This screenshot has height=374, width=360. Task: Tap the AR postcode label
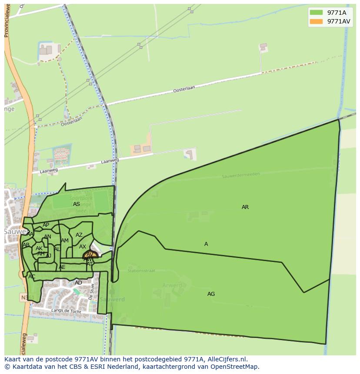click(x=245, y=207)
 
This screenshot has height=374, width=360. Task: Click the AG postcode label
click(x=211, y=294)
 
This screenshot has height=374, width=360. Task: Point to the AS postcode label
click(x=77, y=204)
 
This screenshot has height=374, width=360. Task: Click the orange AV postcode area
click(x=90, y=255)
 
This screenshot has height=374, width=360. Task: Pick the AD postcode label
click(x=78, y=283)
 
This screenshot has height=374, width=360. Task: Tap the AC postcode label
click(x=32, y=277)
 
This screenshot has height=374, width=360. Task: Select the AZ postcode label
click(x=79, y=235)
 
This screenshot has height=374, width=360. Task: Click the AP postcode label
click(x=46, y=225)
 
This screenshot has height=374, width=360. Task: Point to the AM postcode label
click(x=65, y=241)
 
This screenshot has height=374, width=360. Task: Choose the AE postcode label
click(x=62, y=267)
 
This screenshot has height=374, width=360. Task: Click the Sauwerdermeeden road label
click(x=240, y=175)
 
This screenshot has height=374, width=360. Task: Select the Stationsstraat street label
click(x=141, y=271)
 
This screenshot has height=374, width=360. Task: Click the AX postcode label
click(x=83, y=247)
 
